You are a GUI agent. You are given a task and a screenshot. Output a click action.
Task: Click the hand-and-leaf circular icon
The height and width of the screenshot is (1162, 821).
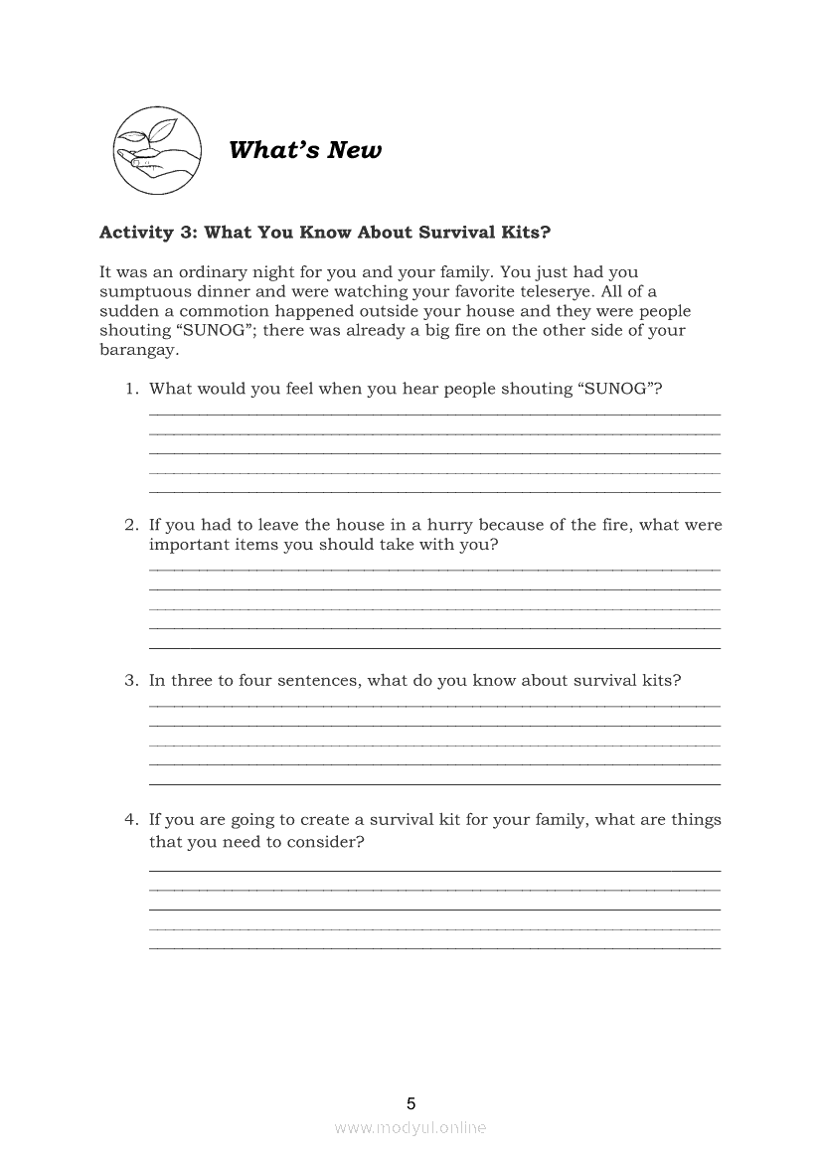156,150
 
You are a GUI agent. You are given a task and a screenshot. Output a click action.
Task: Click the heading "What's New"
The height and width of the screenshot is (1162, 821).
304,150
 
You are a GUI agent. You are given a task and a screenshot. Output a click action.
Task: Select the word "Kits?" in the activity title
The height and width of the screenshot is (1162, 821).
523,233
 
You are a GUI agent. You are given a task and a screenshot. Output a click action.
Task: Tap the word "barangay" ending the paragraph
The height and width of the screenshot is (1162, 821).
138,351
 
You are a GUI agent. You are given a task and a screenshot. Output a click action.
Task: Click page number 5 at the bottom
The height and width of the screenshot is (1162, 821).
410,1103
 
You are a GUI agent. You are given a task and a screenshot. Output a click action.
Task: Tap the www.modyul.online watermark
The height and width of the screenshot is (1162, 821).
410,1127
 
